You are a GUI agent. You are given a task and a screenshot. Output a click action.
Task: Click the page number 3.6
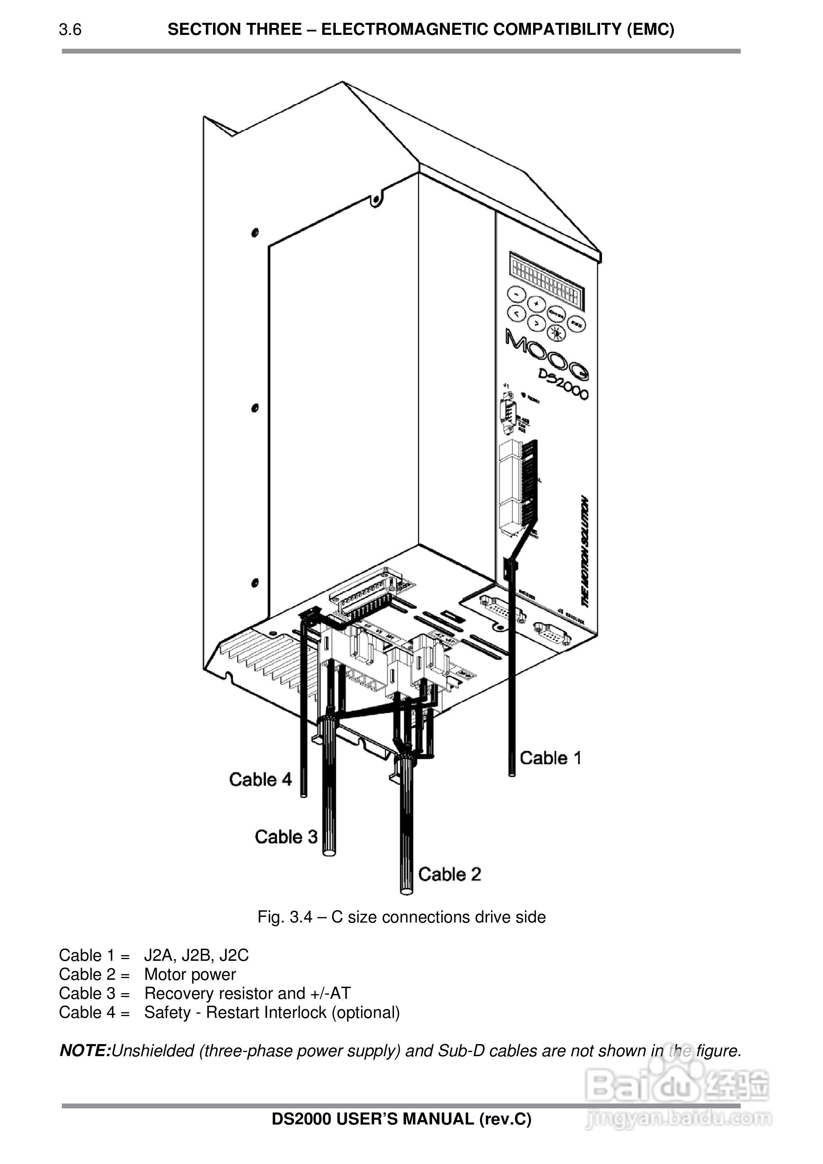[x=70, y=30]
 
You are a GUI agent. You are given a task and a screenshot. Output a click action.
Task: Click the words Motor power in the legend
[x=190, y=974]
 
